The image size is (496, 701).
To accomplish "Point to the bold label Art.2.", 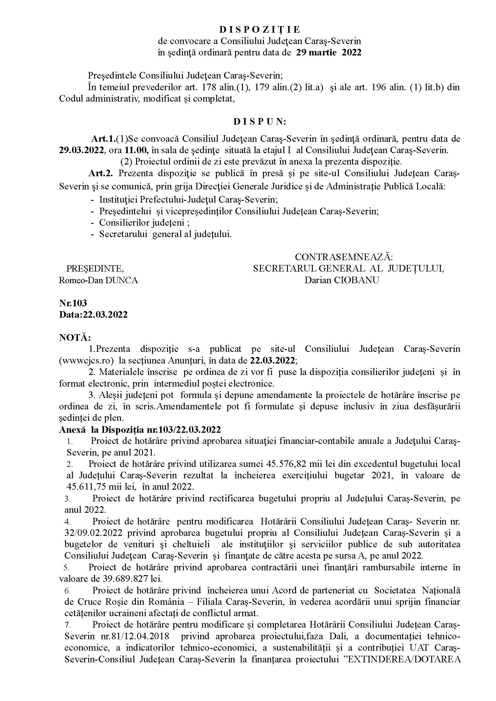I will (101, 173).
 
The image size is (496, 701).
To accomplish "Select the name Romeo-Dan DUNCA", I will (98, 280).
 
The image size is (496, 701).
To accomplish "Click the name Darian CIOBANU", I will (342, 280).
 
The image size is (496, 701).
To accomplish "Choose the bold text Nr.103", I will (73, 303).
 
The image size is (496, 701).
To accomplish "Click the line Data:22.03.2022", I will (93, 314).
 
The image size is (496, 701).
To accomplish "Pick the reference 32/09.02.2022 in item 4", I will (94, 533).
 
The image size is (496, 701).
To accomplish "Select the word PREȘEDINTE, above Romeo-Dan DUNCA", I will (95, 268).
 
